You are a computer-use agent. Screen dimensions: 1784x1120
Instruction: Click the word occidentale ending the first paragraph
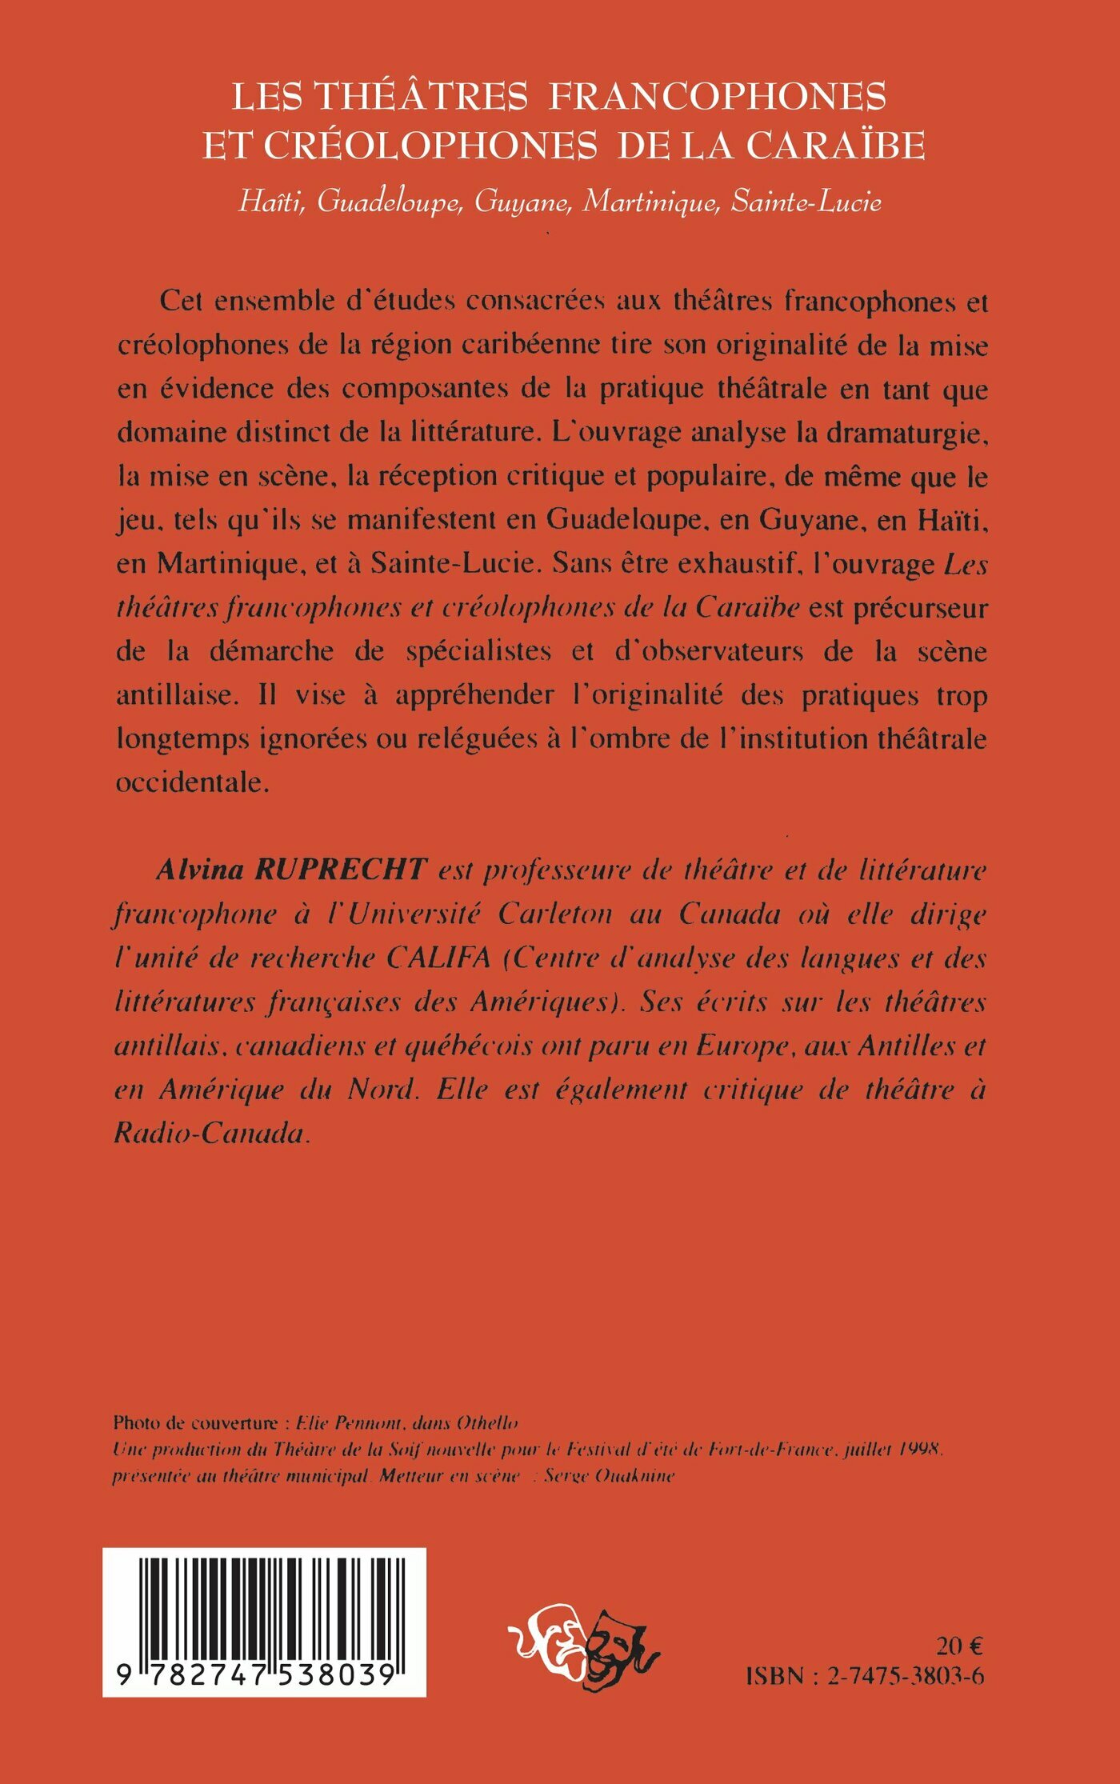click(190, 782)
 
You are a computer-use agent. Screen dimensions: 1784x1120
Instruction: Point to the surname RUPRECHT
click(340, 870)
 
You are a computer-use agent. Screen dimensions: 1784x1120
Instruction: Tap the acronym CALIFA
click(438, 958)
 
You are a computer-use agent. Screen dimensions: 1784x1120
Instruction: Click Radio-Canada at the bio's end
click(210, 1134)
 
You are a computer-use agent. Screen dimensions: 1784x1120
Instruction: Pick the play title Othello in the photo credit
click(487, 1423)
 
